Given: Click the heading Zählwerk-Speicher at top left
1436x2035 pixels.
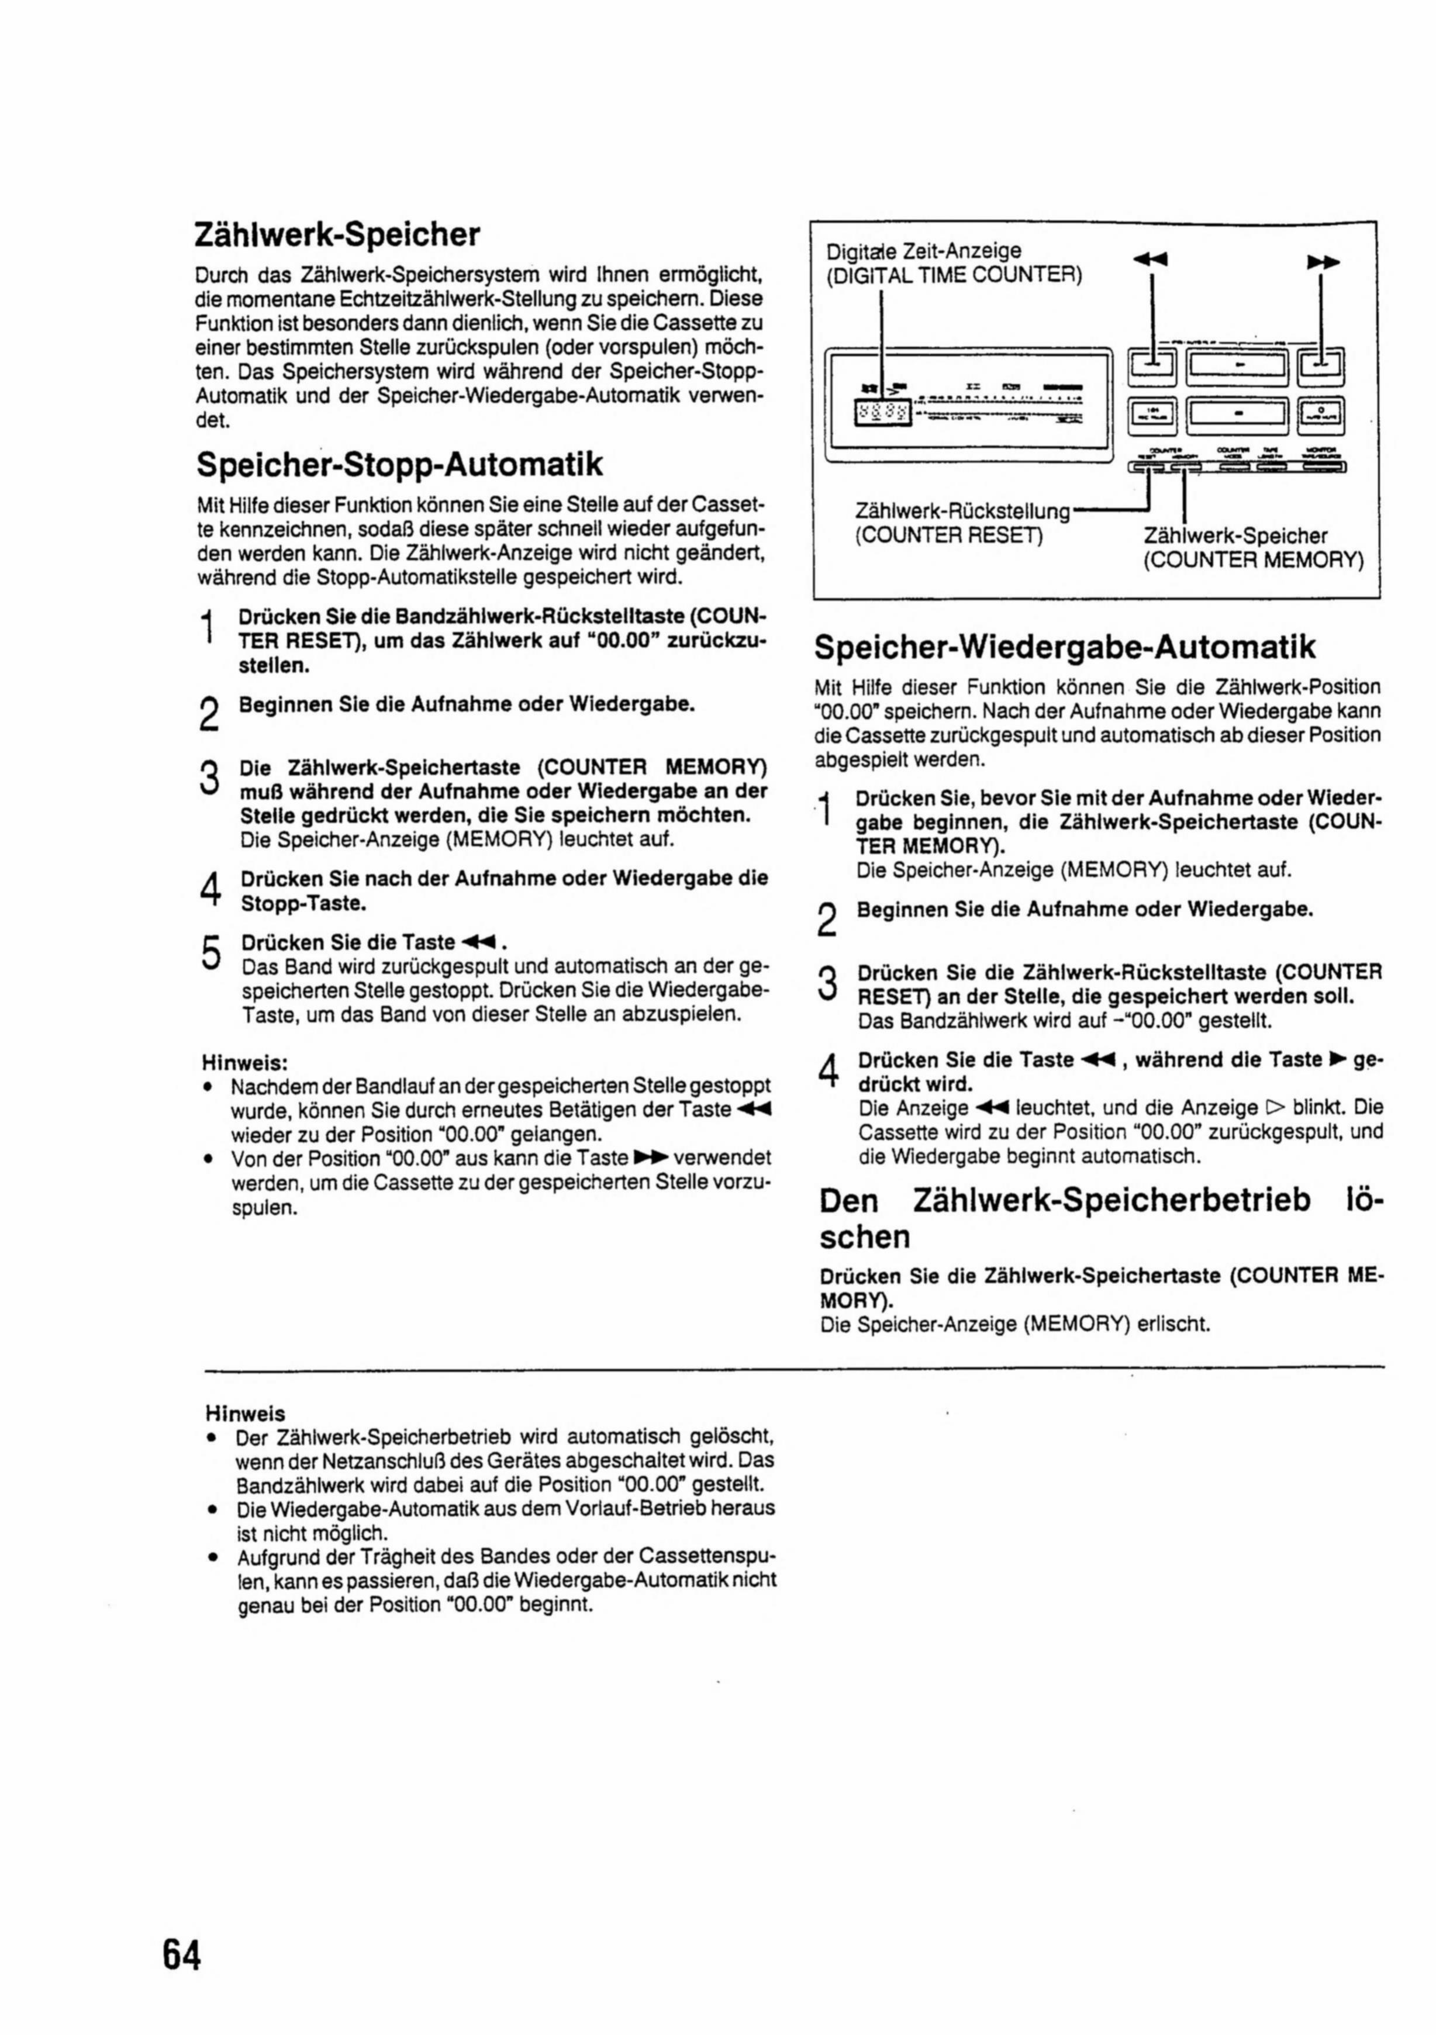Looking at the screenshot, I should [337, 235].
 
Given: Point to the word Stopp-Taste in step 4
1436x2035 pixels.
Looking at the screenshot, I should [303, 904].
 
